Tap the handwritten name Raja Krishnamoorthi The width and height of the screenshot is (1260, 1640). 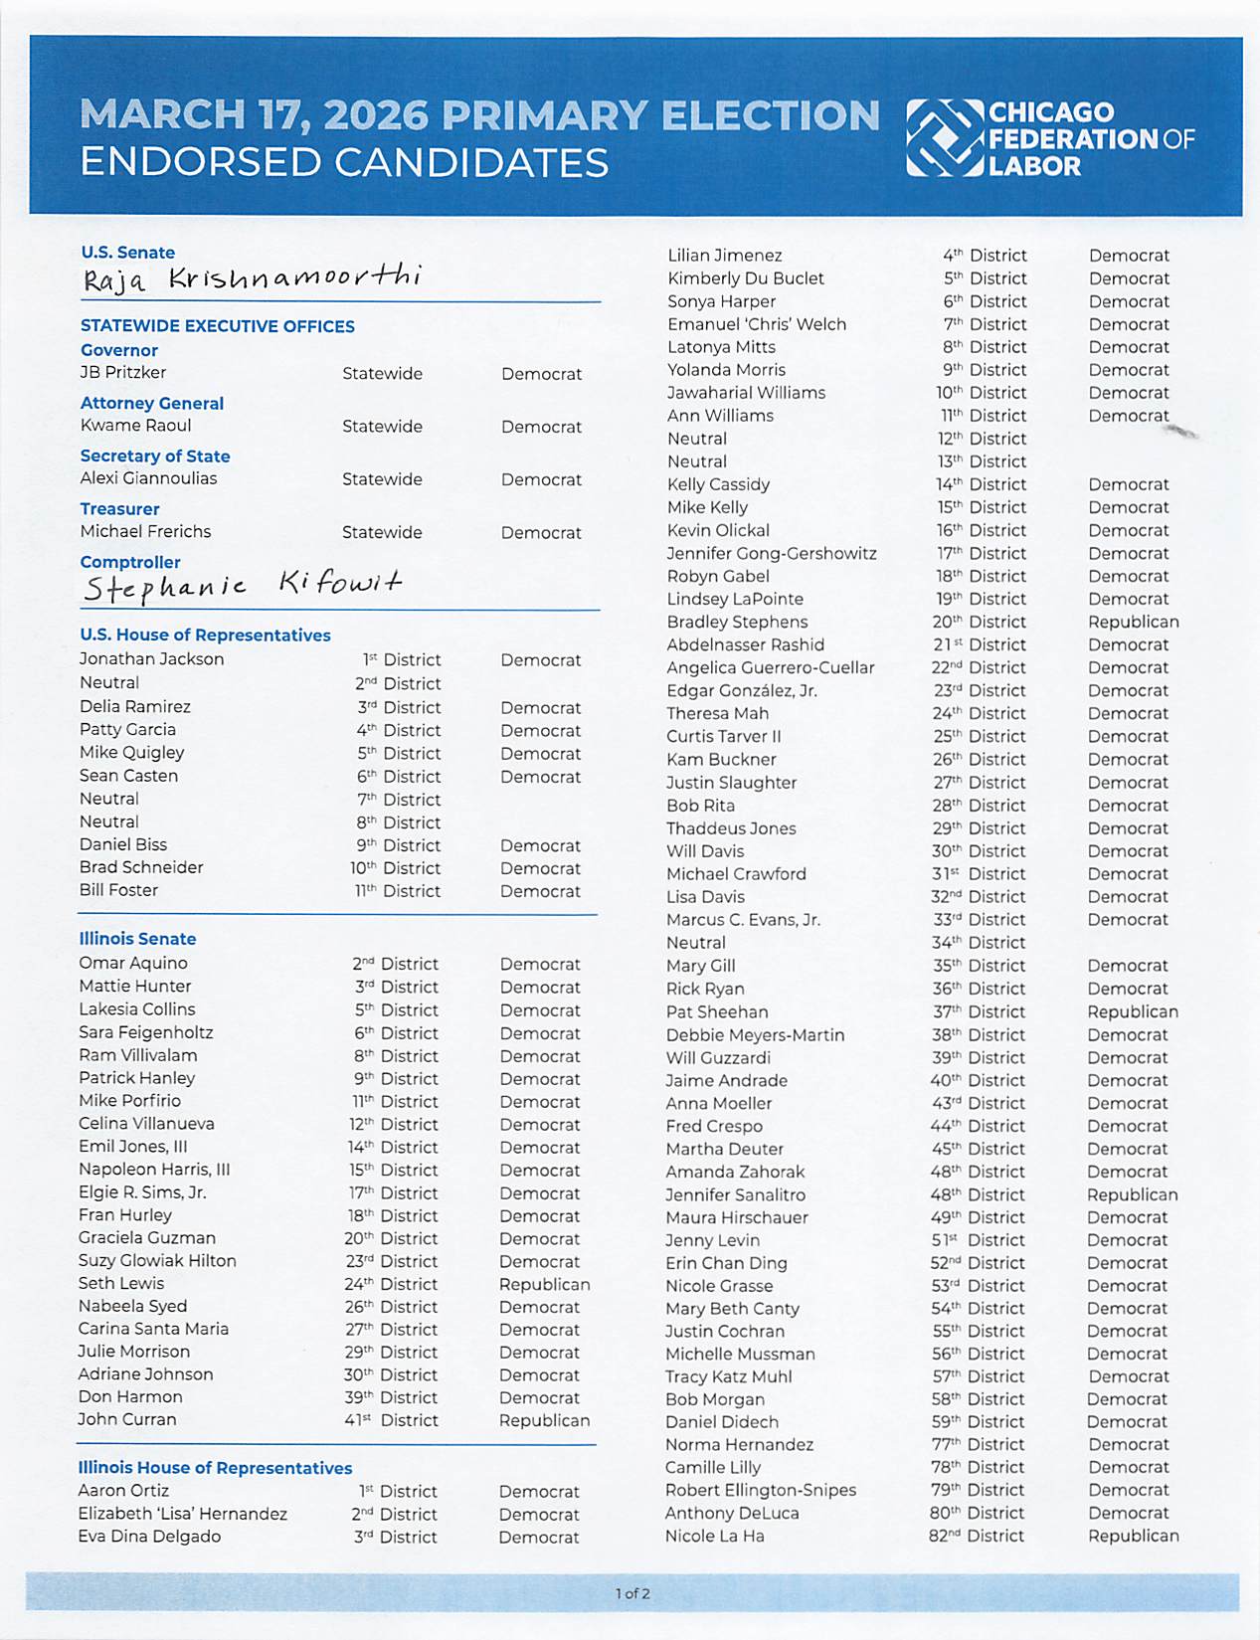252,278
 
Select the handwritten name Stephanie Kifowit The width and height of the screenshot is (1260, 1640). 243,586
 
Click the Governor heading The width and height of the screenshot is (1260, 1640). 119,350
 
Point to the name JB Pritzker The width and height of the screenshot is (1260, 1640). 123,373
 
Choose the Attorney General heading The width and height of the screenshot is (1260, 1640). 152,403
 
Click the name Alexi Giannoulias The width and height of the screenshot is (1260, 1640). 148,478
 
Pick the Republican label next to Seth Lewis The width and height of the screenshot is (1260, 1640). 544,1284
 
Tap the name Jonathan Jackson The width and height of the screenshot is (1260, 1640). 151,659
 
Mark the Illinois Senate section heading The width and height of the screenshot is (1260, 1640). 137,939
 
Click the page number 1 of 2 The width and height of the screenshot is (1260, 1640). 632,1593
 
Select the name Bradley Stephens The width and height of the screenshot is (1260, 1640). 737,622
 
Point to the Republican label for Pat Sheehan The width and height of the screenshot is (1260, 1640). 1133,1011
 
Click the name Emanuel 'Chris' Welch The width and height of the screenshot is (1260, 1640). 757,324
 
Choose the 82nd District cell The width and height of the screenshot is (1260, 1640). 977,1536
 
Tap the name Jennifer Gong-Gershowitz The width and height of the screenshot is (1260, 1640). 772,553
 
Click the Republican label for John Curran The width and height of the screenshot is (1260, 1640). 544,1420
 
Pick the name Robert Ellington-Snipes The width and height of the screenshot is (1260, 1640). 761,1490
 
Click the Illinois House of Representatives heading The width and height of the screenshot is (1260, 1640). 215,1468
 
